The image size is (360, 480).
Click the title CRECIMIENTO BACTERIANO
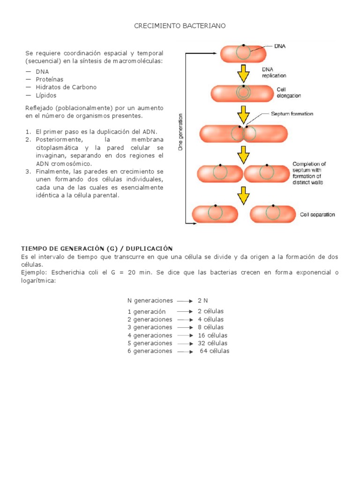point(180,26)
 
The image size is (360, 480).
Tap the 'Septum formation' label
point(292,114)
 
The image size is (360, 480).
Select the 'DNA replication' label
point(274,72)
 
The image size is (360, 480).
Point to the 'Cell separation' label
point(317,215)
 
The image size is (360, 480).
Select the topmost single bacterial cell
point(243,53)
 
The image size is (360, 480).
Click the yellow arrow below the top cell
point(243,73)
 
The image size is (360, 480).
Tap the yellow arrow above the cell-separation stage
point(243,195)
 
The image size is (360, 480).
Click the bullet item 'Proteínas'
point(49,80)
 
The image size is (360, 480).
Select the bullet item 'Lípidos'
point(46,95)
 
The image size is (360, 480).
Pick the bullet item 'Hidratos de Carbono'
point(66,87)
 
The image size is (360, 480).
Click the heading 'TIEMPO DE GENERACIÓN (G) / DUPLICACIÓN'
point(97,248)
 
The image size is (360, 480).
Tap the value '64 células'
point(215,351)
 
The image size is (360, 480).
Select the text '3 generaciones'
point(150,327)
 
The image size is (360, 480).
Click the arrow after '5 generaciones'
point(185,343)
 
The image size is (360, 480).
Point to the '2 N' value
point(202,300)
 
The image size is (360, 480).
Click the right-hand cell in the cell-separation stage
point(272,214)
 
